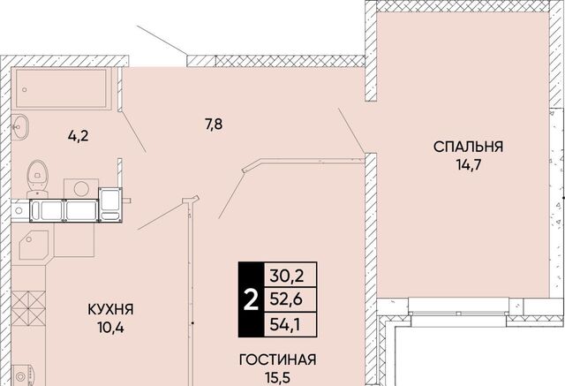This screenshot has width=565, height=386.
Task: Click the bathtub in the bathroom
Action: (x=61, y=88)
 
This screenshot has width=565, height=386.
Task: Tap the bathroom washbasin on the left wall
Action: (x=19, y=126)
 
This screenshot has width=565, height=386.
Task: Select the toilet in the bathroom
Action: (x=36, y=179)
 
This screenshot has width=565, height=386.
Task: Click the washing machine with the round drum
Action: (x=81, y=188)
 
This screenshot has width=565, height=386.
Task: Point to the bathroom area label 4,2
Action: (x=79, y=136)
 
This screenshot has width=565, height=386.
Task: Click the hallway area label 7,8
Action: (x=214, y=125)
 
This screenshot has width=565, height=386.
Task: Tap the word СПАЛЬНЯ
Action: (x=468, y=147)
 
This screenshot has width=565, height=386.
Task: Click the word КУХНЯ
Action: (x=110, y=309)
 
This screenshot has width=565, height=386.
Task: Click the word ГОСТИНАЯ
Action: (x=278, y=360)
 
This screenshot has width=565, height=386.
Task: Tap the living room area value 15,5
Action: (x=277, y=378)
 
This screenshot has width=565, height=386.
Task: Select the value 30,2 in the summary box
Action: (x=287, y=276)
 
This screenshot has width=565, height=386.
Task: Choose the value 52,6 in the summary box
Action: (x=287, y=299)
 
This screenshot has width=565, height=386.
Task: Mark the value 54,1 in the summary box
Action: (x=287, y=325)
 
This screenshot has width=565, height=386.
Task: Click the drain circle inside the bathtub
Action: (x=25, y=90)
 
